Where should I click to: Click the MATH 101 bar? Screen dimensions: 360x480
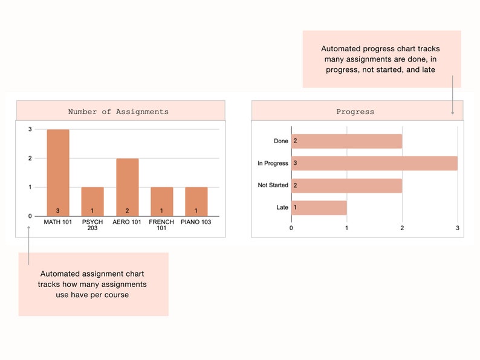pyautogui.click(x=58, y=172)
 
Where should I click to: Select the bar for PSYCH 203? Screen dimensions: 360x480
pyautogui.click(x=92, y=201)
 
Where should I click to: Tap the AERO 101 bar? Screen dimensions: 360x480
pyautogui.click(x=127, y=187)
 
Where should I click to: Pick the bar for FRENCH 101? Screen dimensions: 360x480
pyautogui.click(x=161, y=201)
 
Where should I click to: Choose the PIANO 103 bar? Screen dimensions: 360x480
pyautogui.click(x=196, y=201)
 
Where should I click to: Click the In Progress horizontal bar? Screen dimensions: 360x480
pyautogui.click(x=374, y=163)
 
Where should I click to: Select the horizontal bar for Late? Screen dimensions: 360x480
pyautogui.click(x=319, y=207)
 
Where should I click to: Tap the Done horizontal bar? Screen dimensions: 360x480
pyautogui.click(x=346, y=141)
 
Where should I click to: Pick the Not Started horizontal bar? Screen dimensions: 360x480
pyautogui.click(x=346, y=185)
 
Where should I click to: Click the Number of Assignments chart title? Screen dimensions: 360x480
pyautogui.click(x=118, y=112)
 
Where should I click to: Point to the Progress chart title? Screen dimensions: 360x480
pyautogui.click(x=355, y=112)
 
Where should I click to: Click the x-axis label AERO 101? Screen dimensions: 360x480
pyautogui.click(x=127, y=222)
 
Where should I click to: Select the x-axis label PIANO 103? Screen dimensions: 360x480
pyautogui.click(x=196, y=222)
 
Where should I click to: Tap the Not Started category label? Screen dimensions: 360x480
pyautogui.click(x=273, y=185)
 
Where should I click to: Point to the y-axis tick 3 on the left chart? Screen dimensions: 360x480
pyautogui.click(x=30, y=129)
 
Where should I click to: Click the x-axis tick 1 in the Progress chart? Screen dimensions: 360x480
pyautogui.click(x=346, y=228)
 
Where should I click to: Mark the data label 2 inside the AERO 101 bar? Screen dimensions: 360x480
pyautogui.click(x=127, y=210)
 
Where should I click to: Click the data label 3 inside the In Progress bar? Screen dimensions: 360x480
pyautogui.click(x=295, y=163)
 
